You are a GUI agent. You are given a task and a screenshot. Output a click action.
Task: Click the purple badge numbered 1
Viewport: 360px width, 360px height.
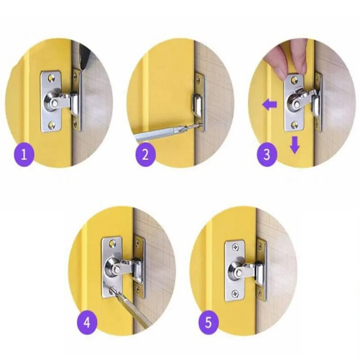click(x=24, y=155)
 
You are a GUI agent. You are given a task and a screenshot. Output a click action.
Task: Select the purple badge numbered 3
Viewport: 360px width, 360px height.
click(x=267, y=154)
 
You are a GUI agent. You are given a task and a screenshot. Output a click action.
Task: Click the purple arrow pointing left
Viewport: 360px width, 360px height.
click(x=270, y=106)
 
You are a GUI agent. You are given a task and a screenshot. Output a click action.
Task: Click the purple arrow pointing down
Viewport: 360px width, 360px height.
click(x=295, y=144)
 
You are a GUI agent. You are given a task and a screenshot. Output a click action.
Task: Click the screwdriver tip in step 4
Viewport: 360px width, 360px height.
click(x=112, y=289)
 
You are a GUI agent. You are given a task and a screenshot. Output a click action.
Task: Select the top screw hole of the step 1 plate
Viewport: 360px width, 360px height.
click(x=51, y=78)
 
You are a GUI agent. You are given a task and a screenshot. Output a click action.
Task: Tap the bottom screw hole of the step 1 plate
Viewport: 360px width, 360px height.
click(x=51, y=125)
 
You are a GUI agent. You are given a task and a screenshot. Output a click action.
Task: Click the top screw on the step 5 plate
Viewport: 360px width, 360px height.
click(x=234, y=247)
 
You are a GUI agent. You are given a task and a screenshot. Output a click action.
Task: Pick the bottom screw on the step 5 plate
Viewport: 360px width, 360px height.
click(x=234, y=293)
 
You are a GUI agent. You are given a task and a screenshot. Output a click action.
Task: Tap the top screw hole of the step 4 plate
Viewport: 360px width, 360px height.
click(x=112, y=243)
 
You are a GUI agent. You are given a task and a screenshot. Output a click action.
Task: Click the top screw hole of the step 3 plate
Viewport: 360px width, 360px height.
click(x=293, y=80)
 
